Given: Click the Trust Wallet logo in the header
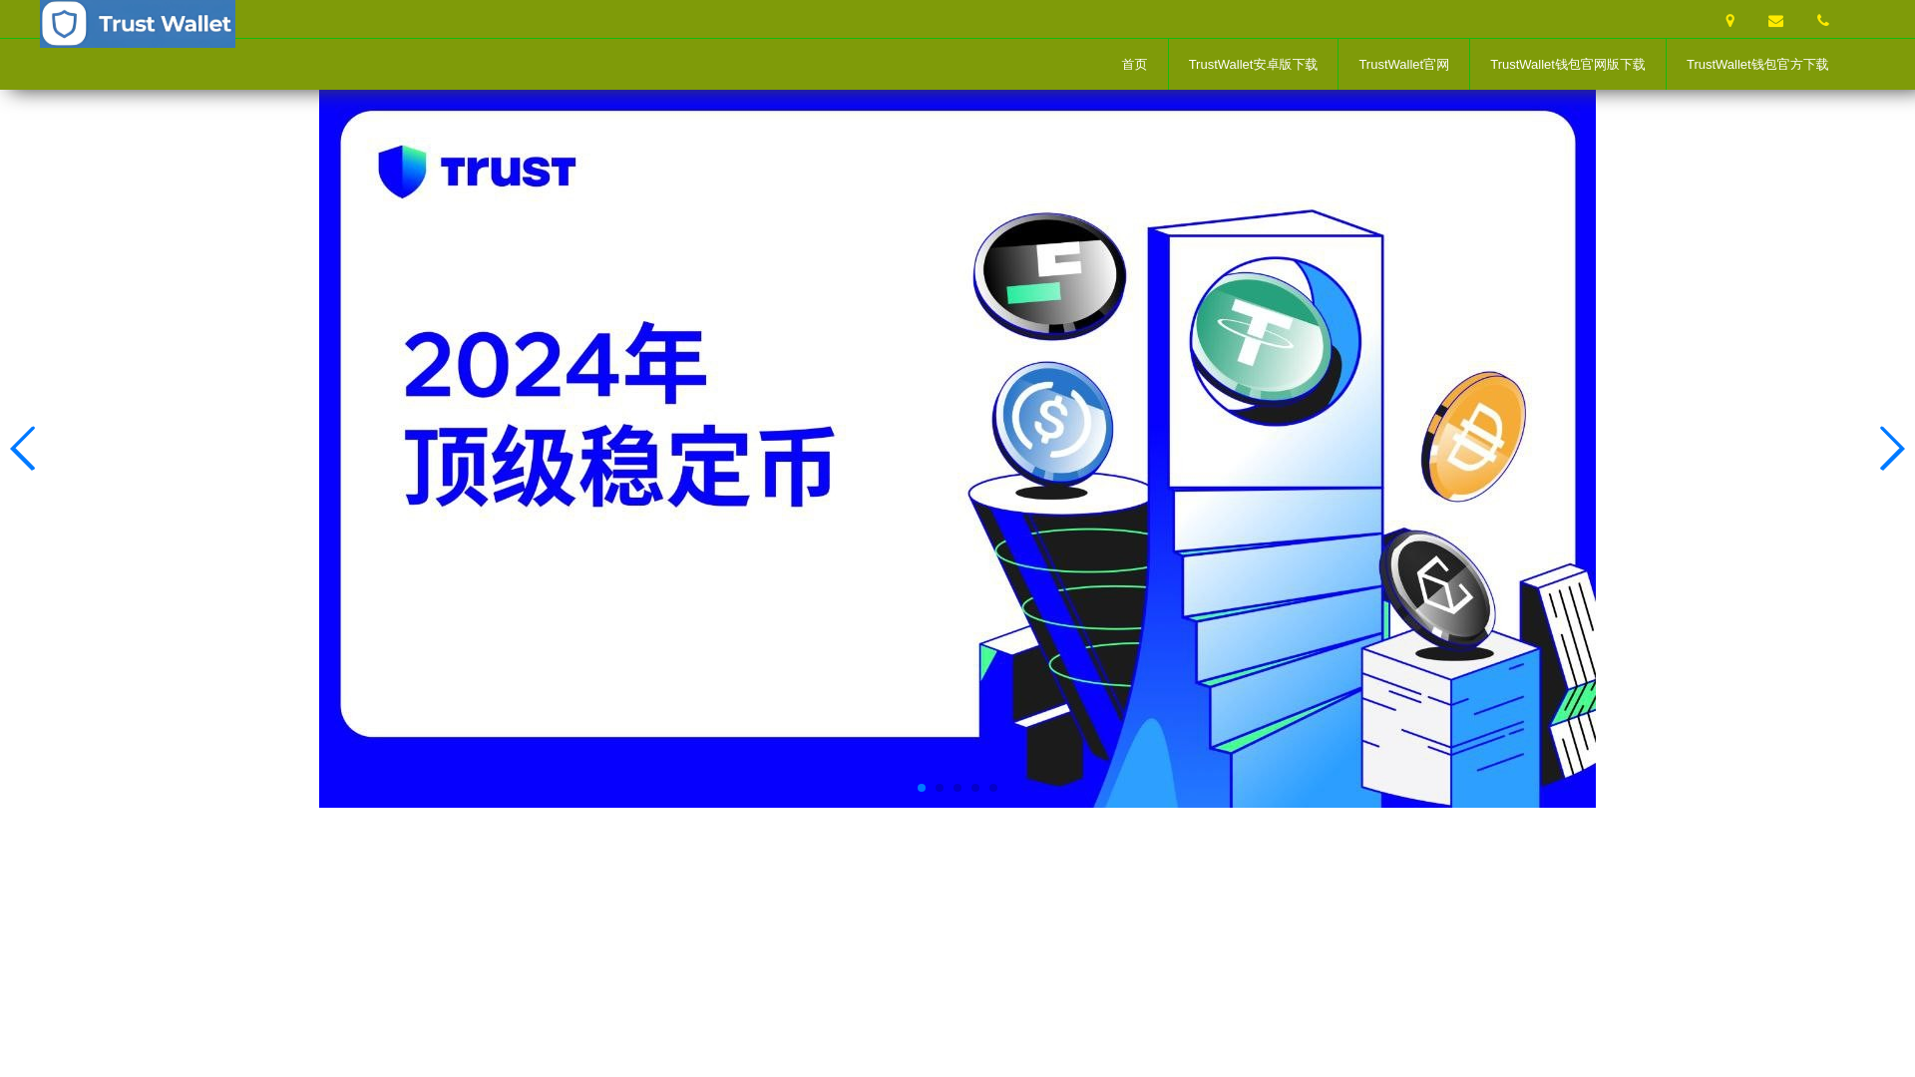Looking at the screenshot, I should tap(138, 24).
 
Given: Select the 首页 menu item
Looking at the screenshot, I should tap(1134, 65).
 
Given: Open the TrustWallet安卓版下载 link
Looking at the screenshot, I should tap(1253, 65).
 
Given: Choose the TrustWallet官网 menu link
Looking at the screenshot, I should tap(1403, 65).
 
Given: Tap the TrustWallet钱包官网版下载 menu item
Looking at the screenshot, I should tap(1567, 65).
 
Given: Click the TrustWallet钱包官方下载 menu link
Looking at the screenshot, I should tap(1756, 65).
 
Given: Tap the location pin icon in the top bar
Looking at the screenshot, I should tap(1729, 21).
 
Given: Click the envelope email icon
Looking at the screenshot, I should tap(1775, 21).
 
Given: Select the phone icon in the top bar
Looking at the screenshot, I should tap(1822, 21).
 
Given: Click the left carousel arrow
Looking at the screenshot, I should tap(23, 449).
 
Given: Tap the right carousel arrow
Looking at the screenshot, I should tap(1891, 449).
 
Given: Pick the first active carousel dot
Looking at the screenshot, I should tap(922, 788).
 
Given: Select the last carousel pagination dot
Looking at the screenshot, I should tap(993, 788).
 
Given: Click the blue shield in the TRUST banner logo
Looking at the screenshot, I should tap(403, 172).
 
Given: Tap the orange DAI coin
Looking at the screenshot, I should tap(1473, 437).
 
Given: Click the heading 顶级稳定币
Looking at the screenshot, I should tap(618, 467).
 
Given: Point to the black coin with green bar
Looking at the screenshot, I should tap(1049, 275).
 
